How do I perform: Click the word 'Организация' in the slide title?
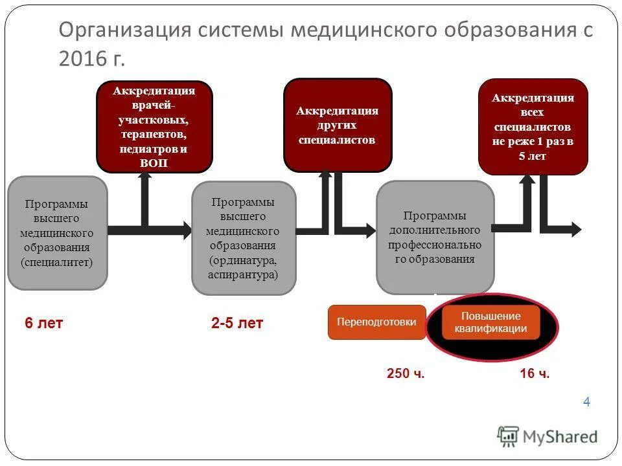(120, 30)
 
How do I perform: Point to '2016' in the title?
(81, 59)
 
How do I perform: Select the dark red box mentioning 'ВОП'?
(154, 126)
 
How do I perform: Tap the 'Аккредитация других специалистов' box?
(338, 125)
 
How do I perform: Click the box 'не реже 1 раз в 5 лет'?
(533, 127)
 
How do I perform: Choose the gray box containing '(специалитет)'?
(57, 233)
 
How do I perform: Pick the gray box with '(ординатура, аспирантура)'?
(244, 238)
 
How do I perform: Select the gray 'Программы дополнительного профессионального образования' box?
(435, 238)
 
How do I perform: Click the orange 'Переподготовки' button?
(376, 322)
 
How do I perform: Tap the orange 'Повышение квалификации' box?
(490, 322)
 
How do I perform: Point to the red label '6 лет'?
(44, 324)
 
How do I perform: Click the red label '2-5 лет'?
(237, 324)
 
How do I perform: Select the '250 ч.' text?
(406, 373)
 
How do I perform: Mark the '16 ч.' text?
(535, 373)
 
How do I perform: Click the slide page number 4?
(586, 402)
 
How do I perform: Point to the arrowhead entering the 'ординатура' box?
(186, 229)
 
